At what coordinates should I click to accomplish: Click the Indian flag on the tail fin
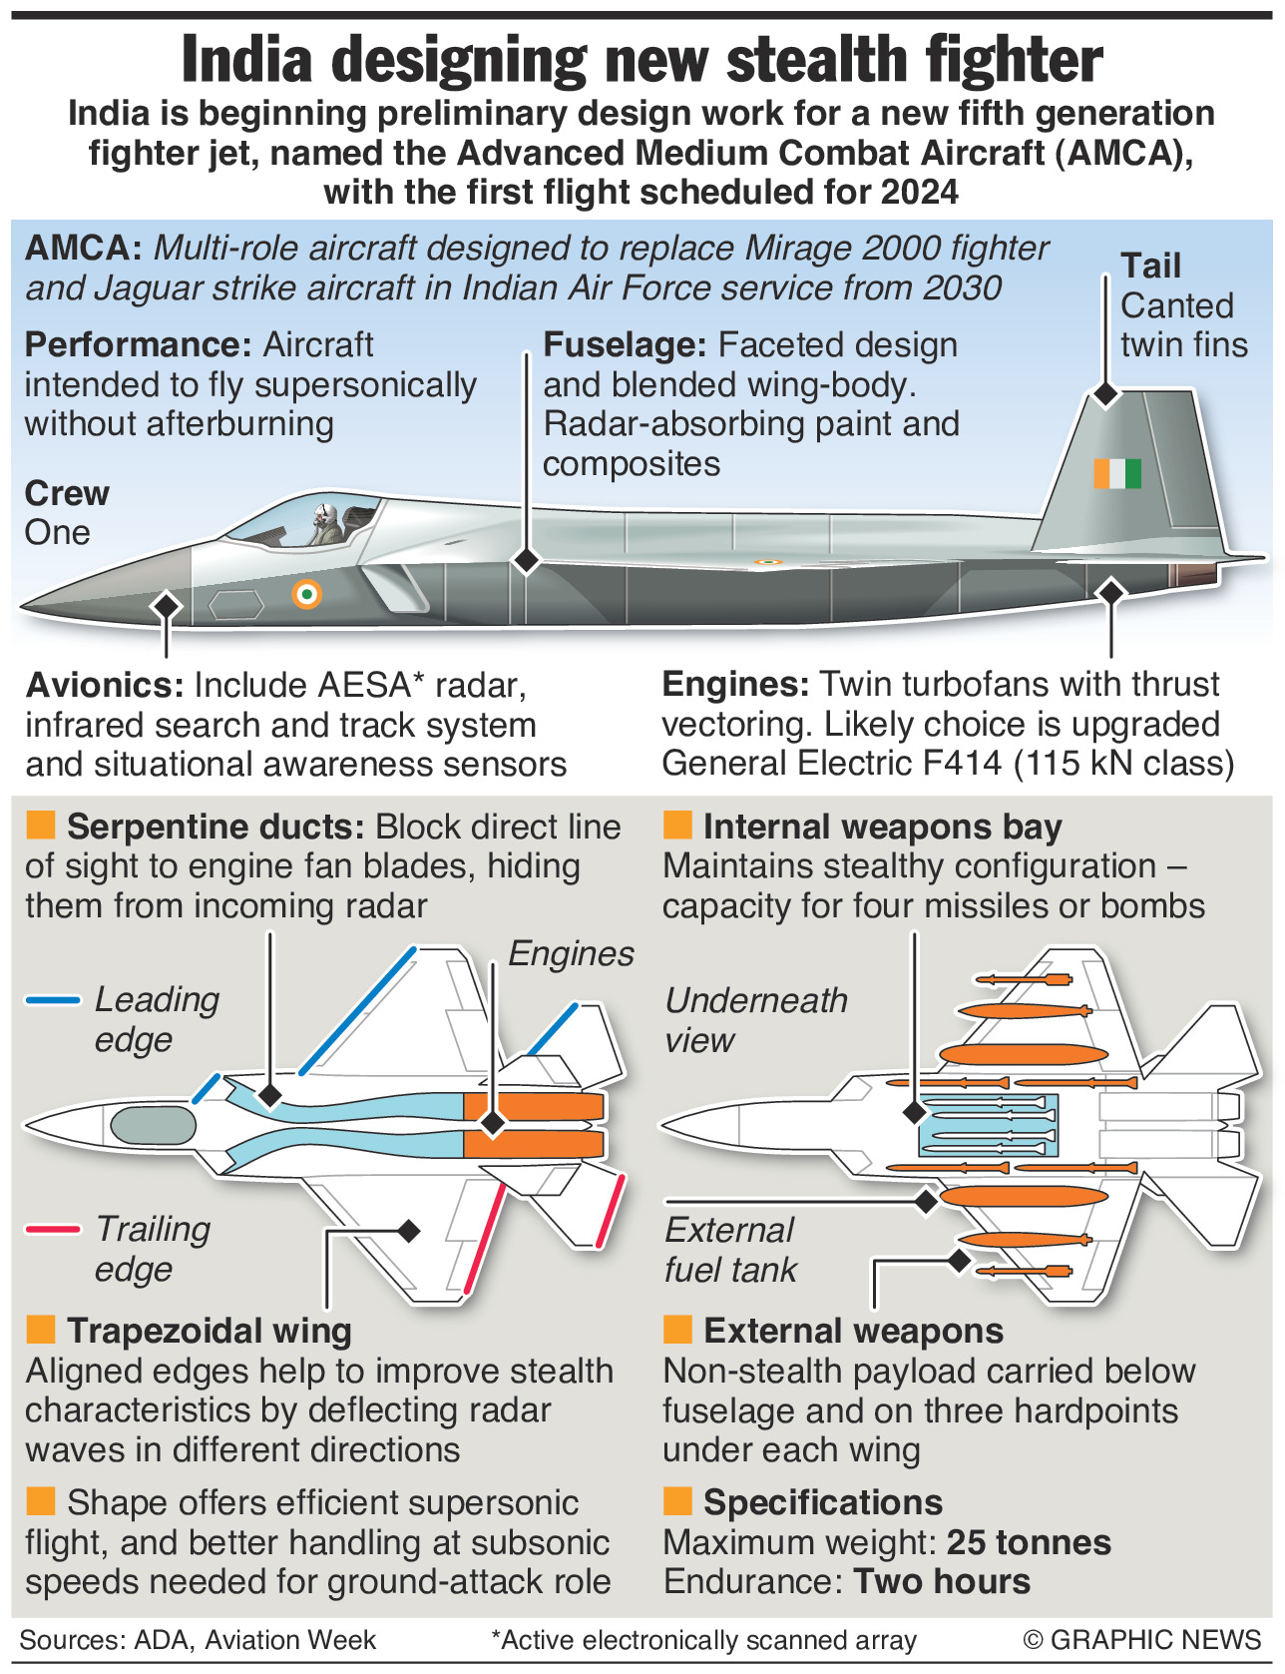(x=1117, y=473)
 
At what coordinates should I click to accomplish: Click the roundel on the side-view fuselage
(x=307, y=595)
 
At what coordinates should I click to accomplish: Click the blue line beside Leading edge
(x=53, y=999)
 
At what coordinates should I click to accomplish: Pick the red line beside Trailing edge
(x=53, y=1229)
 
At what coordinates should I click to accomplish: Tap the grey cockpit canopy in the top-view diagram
(x=153, y=1125)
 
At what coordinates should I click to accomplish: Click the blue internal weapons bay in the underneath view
(x=988, y=1125)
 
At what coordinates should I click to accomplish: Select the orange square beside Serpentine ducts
(x=40, y=826)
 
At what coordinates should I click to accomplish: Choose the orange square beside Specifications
(x=677, y=1501)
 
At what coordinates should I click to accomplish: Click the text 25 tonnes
(x=1029, y=1542)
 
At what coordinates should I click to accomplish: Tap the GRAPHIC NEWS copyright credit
(x=1142, y=1640)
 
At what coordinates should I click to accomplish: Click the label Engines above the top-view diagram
(x=571, y=954)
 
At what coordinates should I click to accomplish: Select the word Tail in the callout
(x=1150, y=266)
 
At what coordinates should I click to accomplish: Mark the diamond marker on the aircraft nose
(x=167, y=605)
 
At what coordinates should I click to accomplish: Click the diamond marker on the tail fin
(x=1105, y=393)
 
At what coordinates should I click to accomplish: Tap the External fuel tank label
(x=730, y=1250)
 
